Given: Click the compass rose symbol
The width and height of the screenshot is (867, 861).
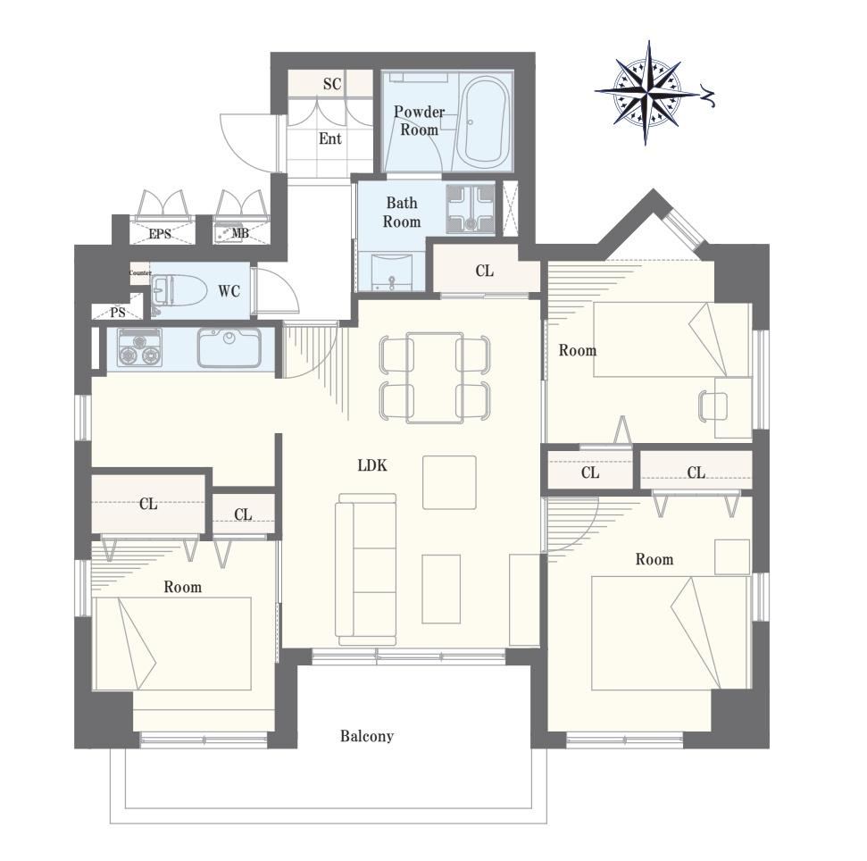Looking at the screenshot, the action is tap(646, 93).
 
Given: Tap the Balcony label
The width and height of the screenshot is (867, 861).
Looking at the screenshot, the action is tap(367, 736).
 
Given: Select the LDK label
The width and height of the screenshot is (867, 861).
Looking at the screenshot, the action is tap(372, 465).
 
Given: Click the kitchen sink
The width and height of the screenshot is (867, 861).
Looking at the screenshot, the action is tap(229, 347).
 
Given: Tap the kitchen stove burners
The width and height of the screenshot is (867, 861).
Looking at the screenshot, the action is tap(139, 347).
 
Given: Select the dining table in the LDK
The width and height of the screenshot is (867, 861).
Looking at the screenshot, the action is tap(435, 378).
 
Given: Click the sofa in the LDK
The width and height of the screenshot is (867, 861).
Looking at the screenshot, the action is tap(367, 569).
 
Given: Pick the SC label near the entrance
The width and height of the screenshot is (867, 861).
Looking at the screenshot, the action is tap(332, 84).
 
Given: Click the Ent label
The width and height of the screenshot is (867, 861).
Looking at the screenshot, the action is tap(330, 138).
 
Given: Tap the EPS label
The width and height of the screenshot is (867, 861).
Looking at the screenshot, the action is tap(160, 234).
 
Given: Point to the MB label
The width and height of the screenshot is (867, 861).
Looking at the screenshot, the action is tap(240, 233).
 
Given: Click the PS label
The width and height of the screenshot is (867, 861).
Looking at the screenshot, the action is tap(118, 313).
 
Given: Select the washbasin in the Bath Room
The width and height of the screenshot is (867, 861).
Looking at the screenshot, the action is tap(392, 271).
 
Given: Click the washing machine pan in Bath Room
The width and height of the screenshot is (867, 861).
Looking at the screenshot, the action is tap(471, 207).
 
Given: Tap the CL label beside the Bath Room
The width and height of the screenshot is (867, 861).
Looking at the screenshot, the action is tap(484, 271).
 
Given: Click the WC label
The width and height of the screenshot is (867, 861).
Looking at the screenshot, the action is tap(229, 291).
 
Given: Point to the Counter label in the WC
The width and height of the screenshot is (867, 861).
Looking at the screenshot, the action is tap(140, 272).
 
